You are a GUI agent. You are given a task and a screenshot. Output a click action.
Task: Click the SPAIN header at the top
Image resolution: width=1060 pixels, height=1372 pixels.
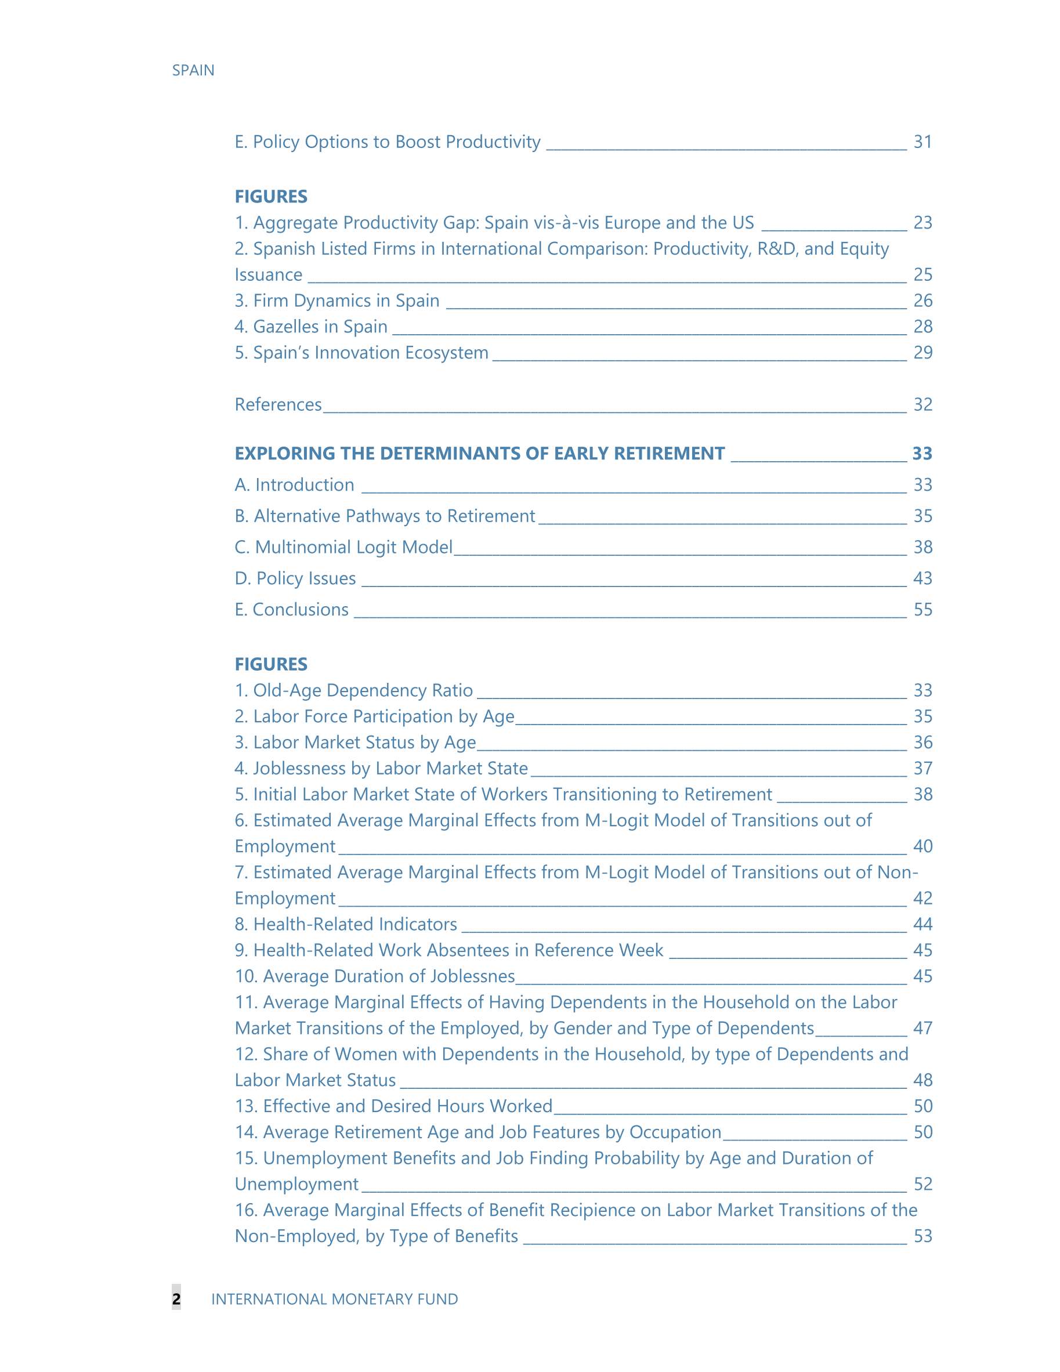pos(193,70)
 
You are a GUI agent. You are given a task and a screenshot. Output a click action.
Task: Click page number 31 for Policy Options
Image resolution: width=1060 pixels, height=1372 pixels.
pos(922,142)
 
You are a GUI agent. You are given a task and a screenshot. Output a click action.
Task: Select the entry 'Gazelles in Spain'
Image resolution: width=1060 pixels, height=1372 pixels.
pos(311,327)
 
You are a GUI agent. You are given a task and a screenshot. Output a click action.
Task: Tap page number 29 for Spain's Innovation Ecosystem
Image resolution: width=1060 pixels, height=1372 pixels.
pos(922,352)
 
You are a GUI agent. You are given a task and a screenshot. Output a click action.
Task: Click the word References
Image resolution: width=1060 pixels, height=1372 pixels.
pos(278,404)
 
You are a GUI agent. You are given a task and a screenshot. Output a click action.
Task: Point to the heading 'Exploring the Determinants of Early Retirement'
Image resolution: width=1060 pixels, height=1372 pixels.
pos(479,454)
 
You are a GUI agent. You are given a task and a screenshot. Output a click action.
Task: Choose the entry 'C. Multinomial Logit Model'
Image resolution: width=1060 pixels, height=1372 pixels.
pos(343,547)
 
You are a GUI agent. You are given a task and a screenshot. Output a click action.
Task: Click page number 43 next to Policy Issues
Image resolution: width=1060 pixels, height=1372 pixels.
pos(922,578)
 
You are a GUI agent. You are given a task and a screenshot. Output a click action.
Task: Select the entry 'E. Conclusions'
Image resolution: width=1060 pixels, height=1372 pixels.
pos(292,609)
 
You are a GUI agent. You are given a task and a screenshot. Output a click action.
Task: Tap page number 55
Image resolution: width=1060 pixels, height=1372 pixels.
pos(922,609)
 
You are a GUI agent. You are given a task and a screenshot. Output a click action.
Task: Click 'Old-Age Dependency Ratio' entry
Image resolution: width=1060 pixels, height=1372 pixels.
pos(354,690)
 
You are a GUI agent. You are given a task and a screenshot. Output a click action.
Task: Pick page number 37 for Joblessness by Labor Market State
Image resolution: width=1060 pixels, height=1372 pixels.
pos(922,768)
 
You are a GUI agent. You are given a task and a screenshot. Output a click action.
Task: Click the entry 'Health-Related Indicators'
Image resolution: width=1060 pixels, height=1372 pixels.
pos(346,924)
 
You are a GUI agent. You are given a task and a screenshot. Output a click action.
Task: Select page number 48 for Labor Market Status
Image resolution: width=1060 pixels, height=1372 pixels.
pos(922,1080)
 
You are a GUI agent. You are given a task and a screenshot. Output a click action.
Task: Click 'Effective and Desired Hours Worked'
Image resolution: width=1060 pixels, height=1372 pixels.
pos(394,1106)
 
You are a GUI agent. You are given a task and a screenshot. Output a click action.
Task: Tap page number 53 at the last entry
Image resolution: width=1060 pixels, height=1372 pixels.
pos(922,1236)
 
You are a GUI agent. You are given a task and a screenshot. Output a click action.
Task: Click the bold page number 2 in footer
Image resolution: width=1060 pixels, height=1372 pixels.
pos(176,1299)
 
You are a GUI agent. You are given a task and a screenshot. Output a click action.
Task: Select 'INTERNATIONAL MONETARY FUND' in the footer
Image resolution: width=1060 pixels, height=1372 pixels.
pos(334,1299)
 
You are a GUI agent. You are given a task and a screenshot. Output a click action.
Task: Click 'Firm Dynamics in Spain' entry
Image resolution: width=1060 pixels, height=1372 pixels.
pos(338,301)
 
